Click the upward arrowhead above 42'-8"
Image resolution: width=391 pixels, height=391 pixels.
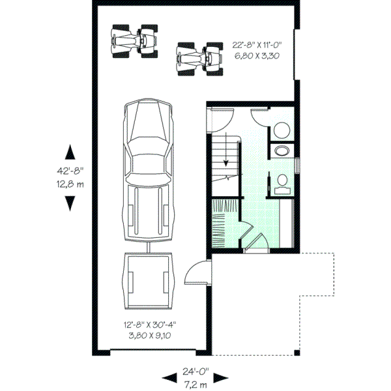[70, 154]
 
